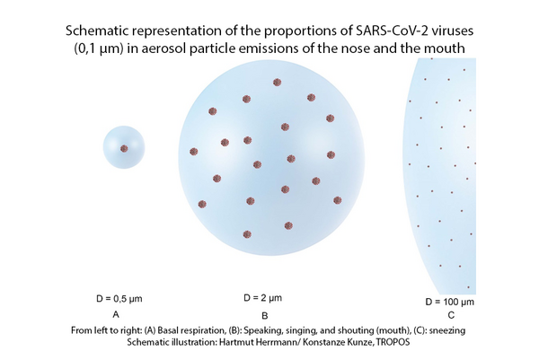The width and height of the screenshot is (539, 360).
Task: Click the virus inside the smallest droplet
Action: click(124, 148)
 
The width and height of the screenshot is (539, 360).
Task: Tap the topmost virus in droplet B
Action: click(277, 82)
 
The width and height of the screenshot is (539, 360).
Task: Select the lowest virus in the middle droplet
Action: click(247, 234)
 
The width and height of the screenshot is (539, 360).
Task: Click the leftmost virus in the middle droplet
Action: click(194, 152)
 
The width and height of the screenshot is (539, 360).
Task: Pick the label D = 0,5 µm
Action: click(119, 299)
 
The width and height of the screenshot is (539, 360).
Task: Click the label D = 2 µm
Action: click(262, 298)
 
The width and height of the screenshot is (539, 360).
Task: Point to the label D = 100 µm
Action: click(450, 302)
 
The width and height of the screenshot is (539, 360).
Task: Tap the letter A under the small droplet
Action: click(116, 314)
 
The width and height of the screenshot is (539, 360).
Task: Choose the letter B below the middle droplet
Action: click(265, 315)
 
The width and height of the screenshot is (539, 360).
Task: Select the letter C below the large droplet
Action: click(451, 315)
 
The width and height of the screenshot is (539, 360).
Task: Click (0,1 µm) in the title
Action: click(99, 48)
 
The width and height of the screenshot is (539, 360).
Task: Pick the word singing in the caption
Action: click(305, 330)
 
